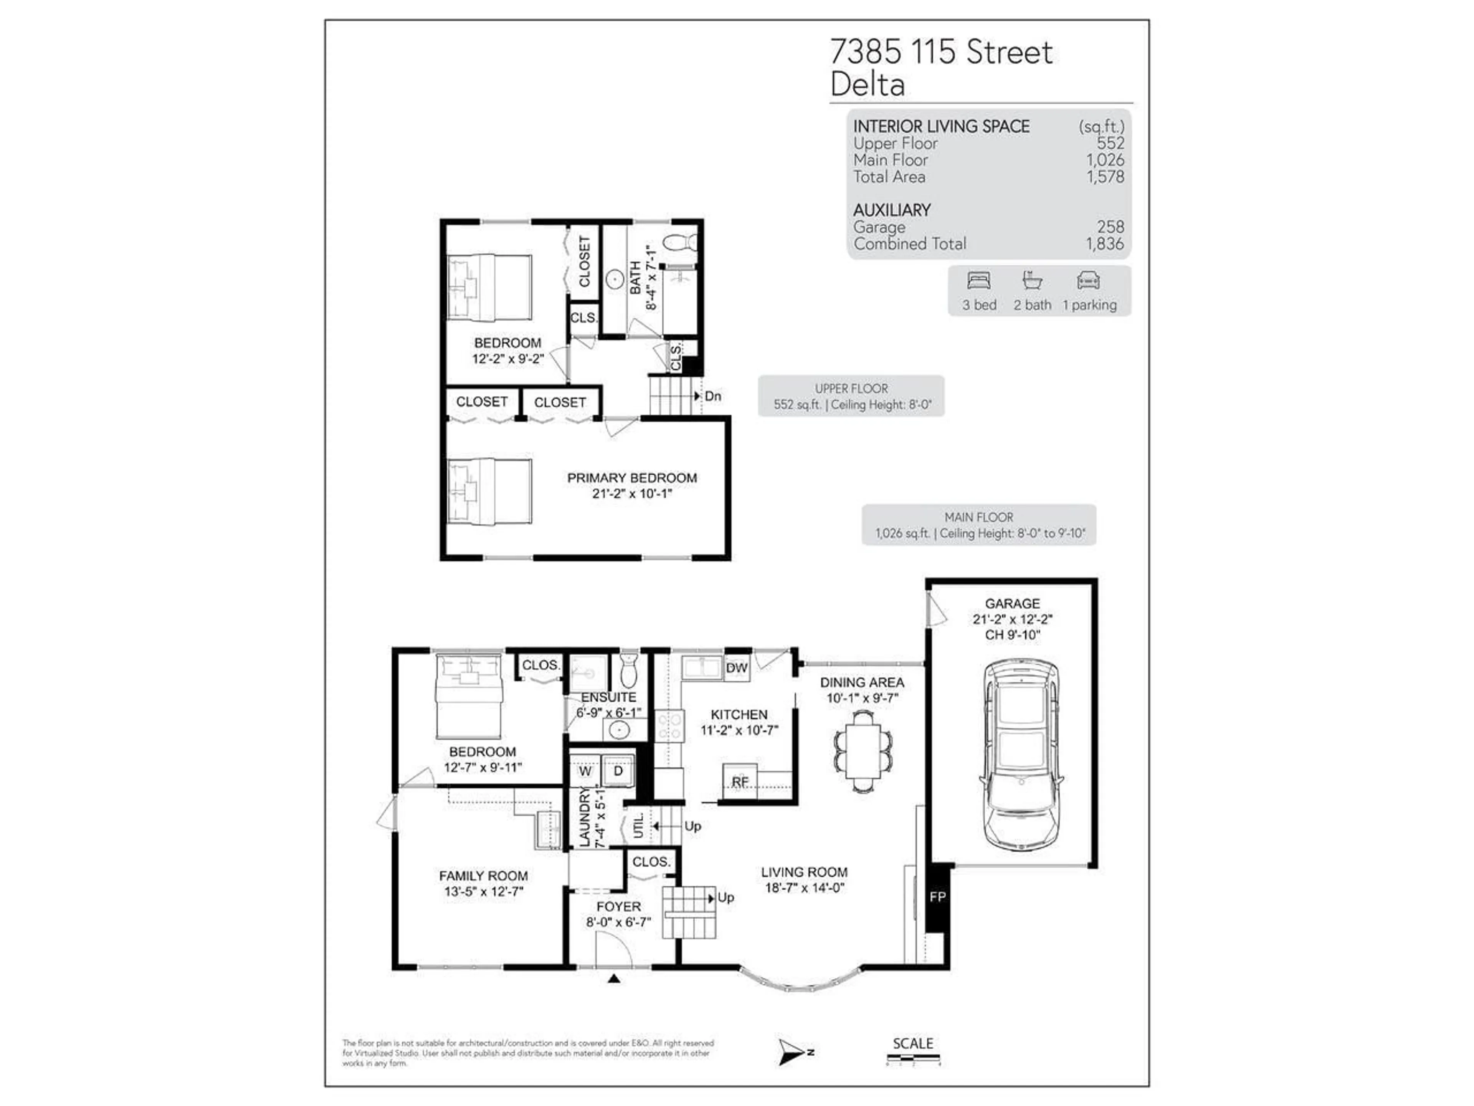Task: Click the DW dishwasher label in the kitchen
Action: coord(736,668)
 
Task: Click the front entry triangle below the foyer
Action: coord(615,979)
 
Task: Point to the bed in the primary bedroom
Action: coord(490,491)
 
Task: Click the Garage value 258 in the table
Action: coord(1110,227)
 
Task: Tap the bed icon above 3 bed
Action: coord(979,281)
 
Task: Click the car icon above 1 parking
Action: coord(1088,281)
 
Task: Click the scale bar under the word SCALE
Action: coord(913,1057)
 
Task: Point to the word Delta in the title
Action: coord(867,84)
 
